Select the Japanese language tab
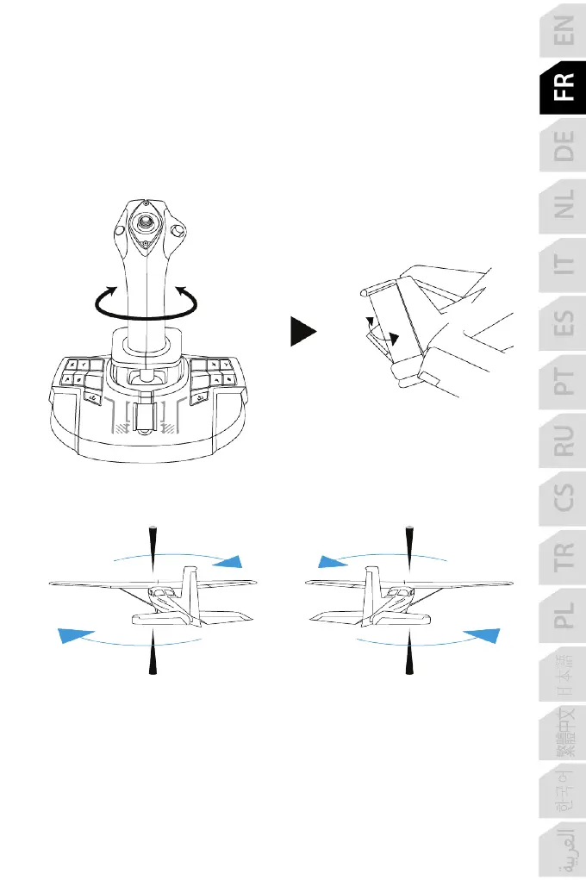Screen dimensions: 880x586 point(563,677)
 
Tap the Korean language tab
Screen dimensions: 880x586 point(563,794)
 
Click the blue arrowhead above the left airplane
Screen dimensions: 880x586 point(229,562)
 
